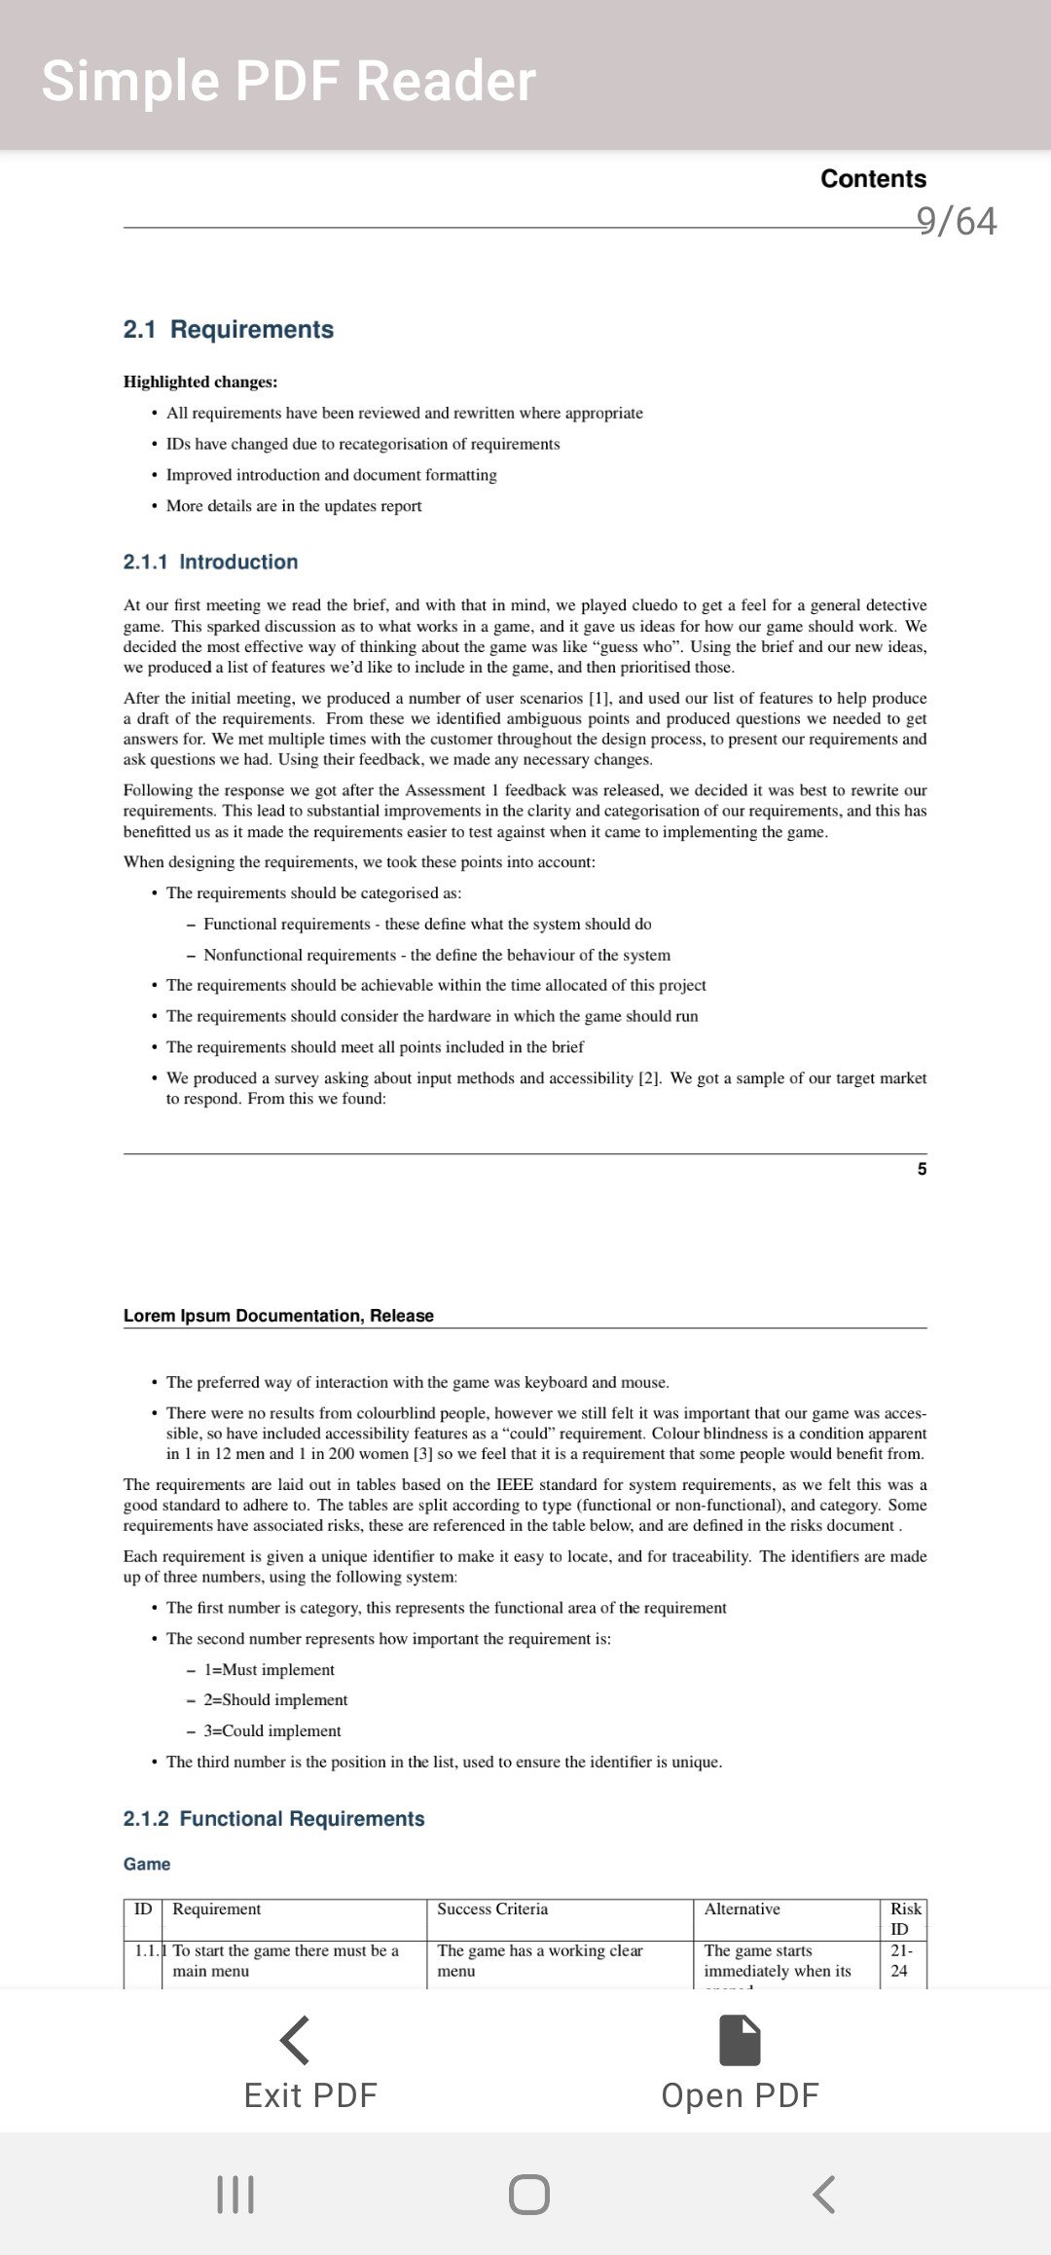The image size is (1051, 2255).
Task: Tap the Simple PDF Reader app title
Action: click(288, 80)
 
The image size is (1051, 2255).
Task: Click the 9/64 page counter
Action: click(956, 221)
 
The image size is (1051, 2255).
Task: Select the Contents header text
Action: click(873, 179)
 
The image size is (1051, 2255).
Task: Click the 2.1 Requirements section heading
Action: click(229, 329)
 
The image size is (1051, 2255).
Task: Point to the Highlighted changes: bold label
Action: click(200, 382)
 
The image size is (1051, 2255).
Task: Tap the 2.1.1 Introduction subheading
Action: click(210, 562)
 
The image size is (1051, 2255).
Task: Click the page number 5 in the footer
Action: click(922, 1169)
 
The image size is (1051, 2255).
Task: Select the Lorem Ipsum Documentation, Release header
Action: click(278, 1316)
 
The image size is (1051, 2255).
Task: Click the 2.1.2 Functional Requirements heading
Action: click(273, 1819)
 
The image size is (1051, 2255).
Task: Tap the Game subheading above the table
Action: click(147, 1864)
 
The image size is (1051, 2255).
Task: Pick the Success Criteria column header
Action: click(492, 1909)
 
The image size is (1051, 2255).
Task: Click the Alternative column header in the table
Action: click(742, 1909)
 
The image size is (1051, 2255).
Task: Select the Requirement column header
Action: click(217, 1909)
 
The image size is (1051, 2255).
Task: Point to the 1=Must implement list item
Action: click(269, 1669)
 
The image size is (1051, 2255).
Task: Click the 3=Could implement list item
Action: click(272, 1730)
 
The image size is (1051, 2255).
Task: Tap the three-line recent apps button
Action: click(236, 2195)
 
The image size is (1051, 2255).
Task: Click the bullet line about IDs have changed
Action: click(363, 444)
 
